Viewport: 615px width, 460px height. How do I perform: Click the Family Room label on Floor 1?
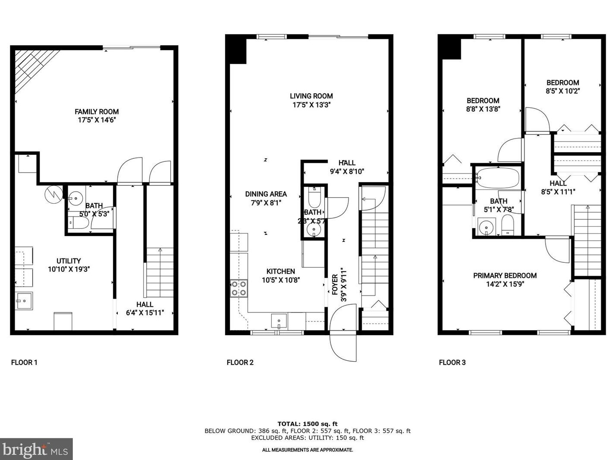[97, 111]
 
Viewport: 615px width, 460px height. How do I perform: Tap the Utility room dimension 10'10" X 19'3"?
[69, 269]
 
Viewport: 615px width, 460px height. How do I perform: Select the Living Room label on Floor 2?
[311, 96]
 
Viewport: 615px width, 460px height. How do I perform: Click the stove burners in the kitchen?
[239, 288]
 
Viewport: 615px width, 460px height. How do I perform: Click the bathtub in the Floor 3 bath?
[498, 178]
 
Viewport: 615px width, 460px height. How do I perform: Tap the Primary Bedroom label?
[505, 275]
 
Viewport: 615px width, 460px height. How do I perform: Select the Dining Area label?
[266, 194]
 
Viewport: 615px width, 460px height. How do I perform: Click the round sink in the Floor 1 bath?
[76, 198]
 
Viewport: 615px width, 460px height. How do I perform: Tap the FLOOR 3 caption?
[452, 362]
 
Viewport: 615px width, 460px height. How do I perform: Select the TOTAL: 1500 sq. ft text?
[307, 424]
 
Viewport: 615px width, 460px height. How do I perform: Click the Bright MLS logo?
[36, 449]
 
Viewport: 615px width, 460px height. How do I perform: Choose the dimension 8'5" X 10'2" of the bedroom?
[562, 91]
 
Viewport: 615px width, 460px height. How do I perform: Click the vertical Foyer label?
[335, 285]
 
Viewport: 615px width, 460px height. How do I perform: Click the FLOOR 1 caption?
[24, 362]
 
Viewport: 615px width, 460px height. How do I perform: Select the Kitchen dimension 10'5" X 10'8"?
[280, 280]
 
